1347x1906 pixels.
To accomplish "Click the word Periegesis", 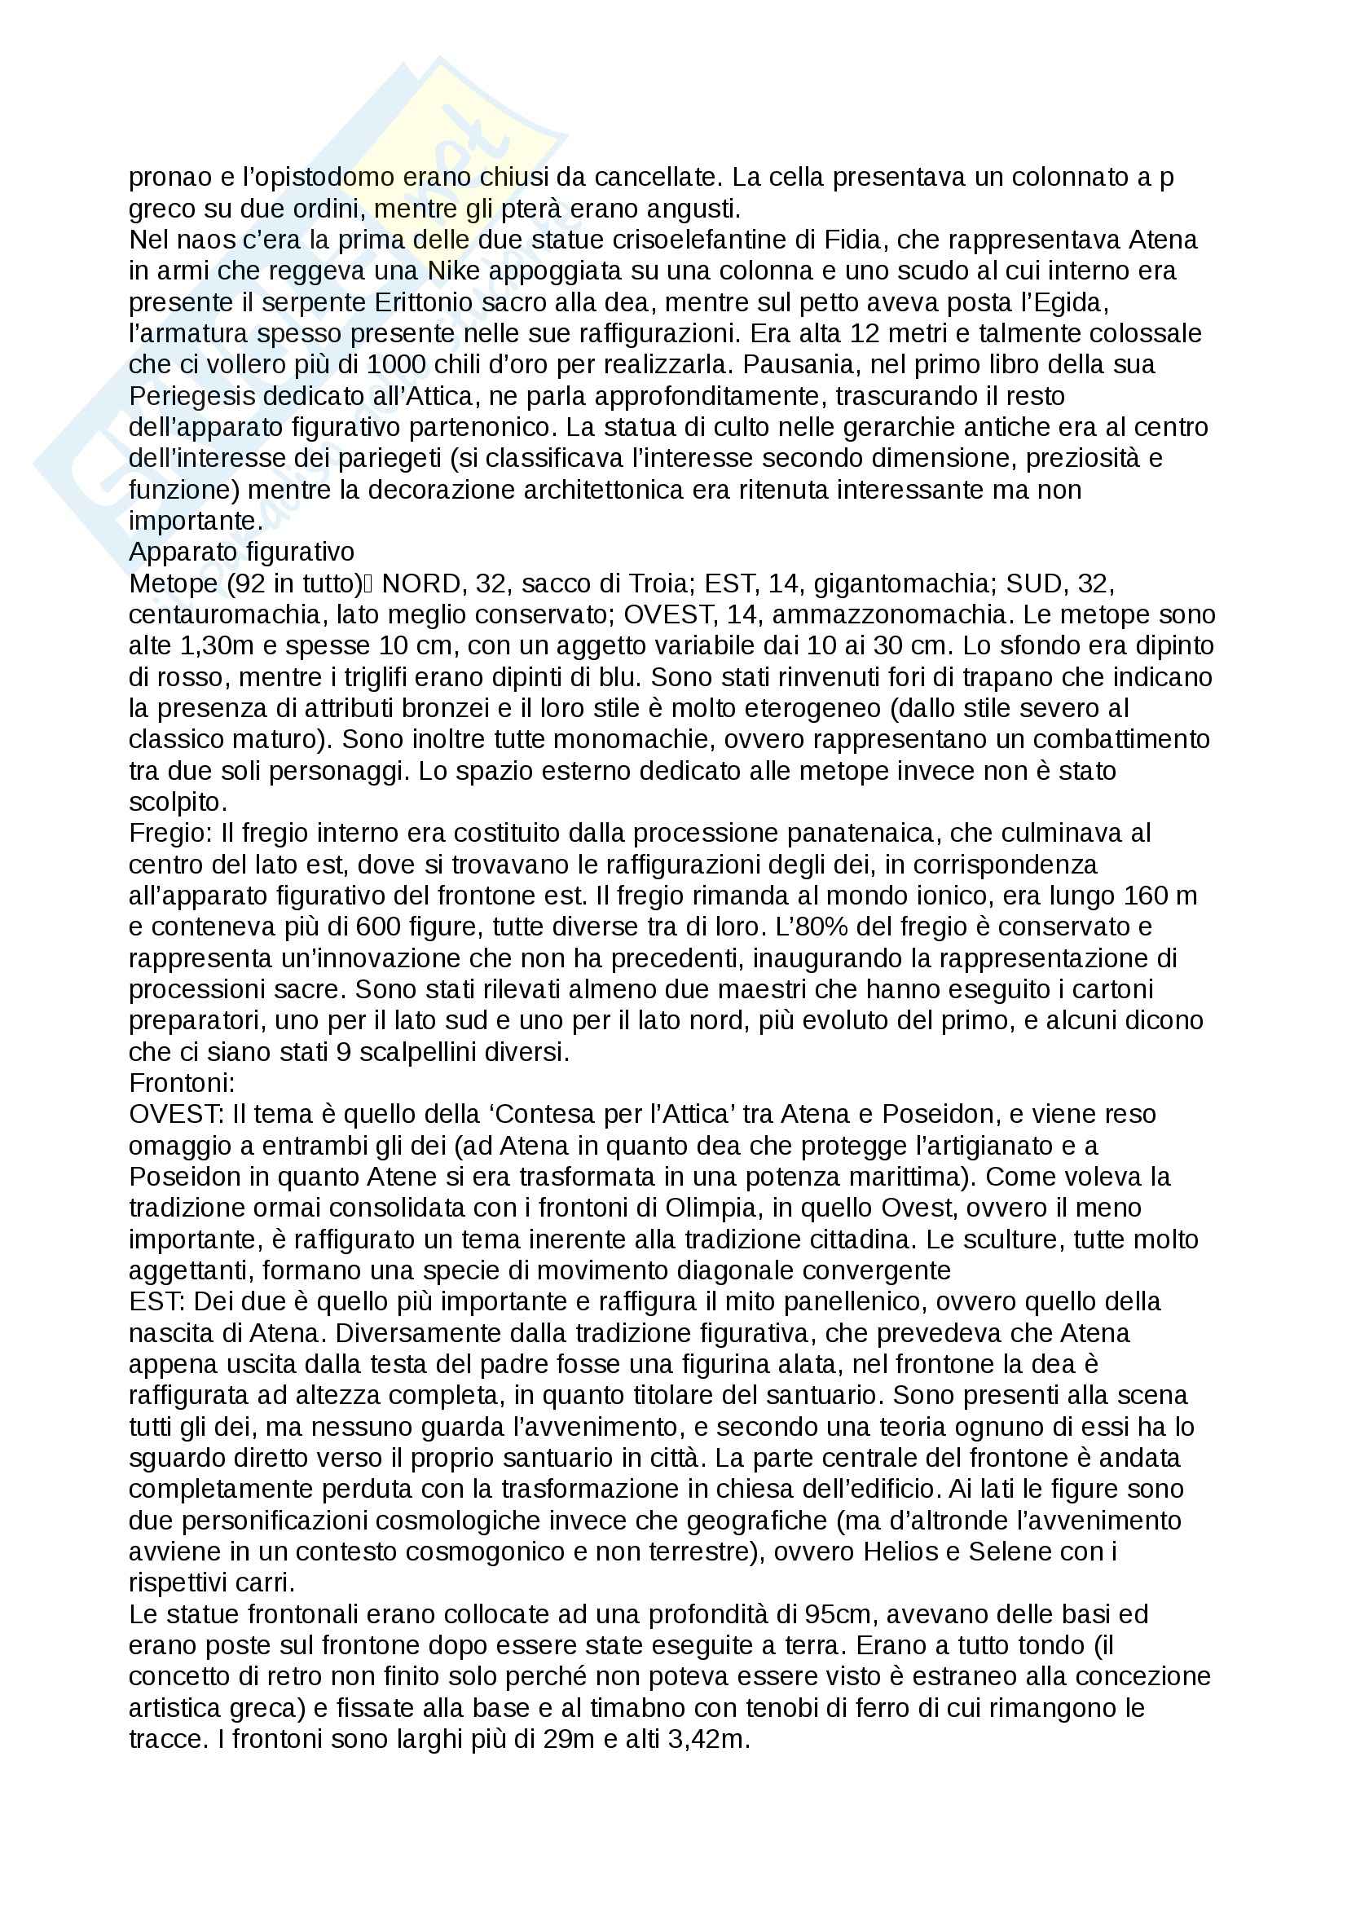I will [192, 396].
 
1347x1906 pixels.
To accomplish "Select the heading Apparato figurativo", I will [241, 552].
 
